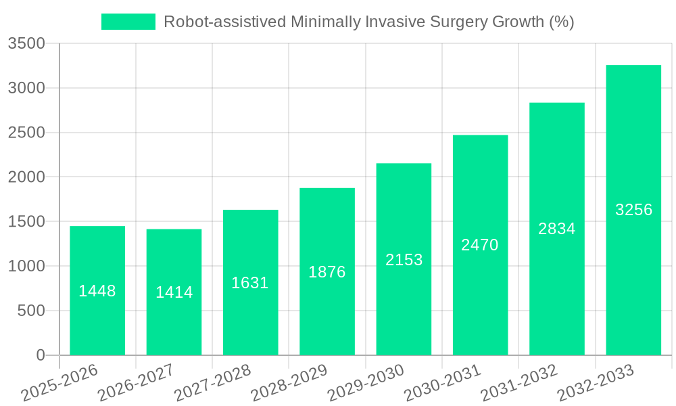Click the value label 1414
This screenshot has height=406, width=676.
(x=174, y=292)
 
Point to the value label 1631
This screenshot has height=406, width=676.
(x=250, y=283)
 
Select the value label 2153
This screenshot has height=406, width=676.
(x=404, y=260)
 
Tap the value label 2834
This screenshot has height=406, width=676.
(x=557, y=229)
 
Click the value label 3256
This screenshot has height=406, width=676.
(x=633, y=210)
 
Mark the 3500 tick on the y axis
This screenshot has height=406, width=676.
(x=26, y=44)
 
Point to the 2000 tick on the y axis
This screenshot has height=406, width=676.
(x=26, y=177)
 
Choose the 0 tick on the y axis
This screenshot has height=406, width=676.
(x=40, y=355)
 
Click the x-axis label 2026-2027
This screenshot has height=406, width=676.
(x=136, y=383)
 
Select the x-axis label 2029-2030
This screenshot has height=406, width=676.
(x=366, y=383)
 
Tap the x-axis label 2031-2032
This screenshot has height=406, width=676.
(x=519, y=383)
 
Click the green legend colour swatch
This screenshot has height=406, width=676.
(x=128, y=22)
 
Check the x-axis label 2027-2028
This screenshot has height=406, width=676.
(x=212, y=383)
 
